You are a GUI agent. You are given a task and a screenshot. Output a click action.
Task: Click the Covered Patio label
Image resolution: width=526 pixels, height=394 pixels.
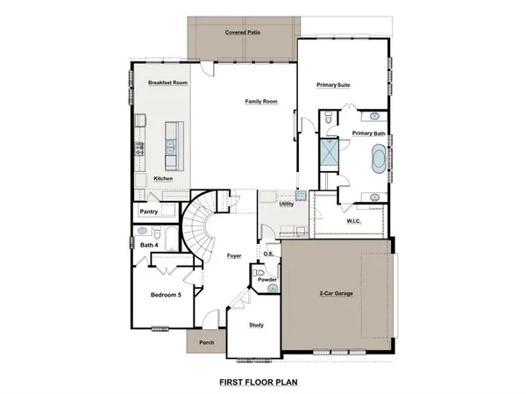coord(242,31)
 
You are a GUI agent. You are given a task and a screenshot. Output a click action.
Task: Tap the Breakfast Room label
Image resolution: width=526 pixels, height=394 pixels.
coord(168,82)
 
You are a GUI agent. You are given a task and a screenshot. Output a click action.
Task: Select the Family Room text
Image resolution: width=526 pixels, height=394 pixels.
coord(260,102)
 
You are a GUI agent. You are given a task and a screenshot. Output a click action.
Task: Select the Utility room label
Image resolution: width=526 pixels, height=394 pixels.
coord(286,204)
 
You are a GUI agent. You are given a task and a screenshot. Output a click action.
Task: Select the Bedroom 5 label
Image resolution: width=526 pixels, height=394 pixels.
coord(166,294)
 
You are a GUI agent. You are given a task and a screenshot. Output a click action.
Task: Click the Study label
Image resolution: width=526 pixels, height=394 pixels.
coord(256,325)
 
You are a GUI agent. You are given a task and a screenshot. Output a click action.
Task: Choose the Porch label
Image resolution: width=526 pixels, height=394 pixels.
coord(207,342)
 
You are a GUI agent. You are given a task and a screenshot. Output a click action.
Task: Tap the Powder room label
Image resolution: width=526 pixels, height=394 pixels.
coord(267,280)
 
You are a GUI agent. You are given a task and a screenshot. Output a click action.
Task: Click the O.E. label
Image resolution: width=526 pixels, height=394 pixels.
coord(268,254)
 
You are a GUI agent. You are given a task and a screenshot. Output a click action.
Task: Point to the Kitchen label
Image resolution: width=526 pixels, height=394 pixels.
coord(163,178)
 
